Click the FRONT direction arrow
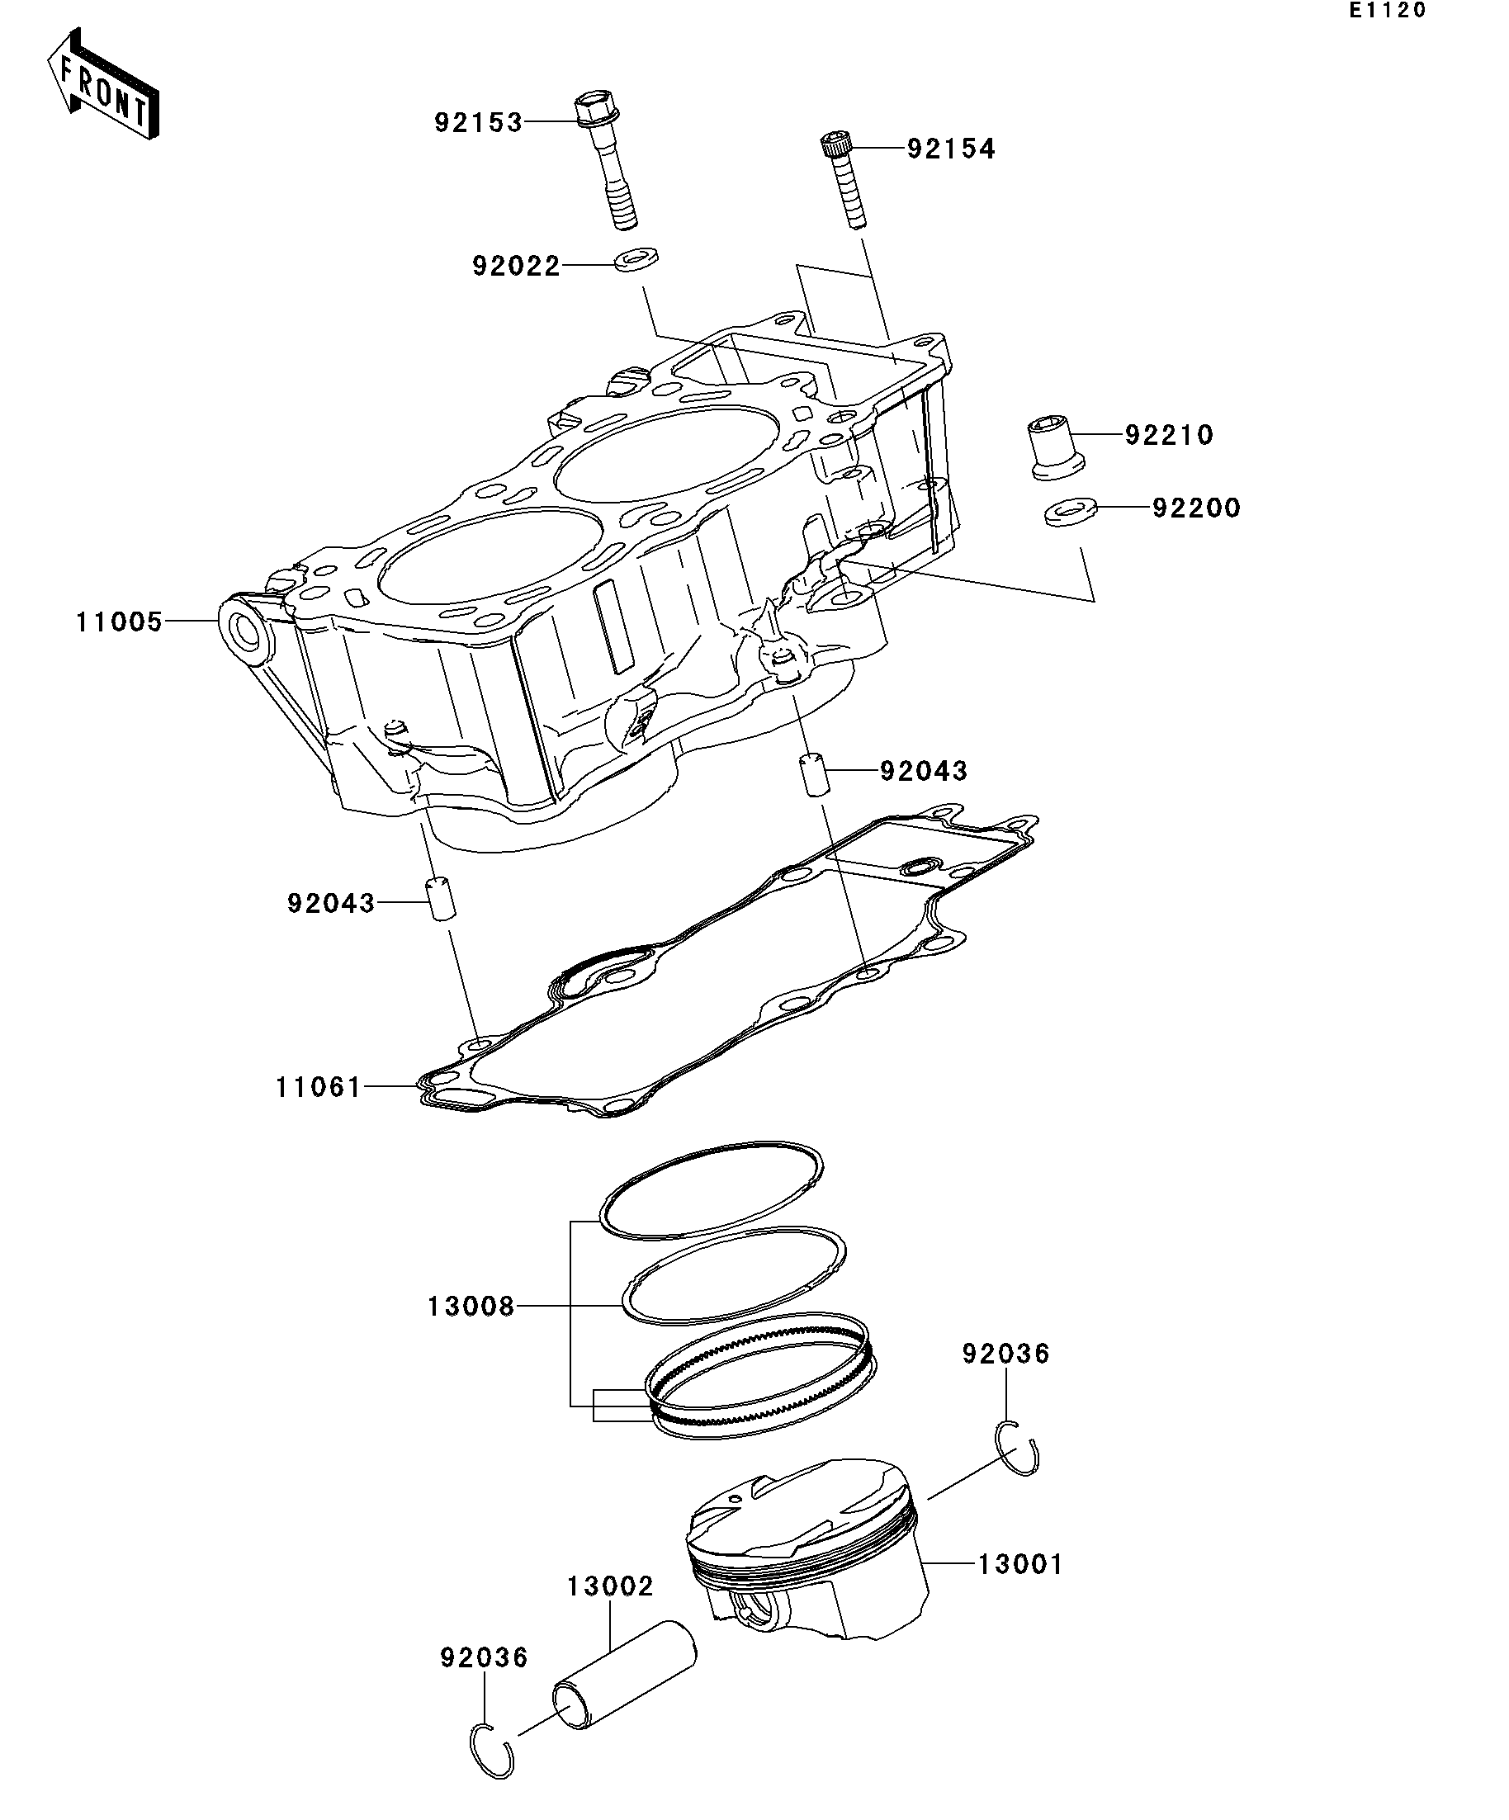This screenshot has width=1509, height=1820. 102,85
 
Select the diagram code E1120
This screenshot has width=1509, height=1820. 1386,12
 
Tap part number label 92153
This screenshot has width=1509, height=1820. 479,123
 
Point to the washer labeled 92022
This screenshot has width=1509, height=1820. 636,258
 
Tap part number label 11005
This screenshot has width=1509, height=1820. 120,622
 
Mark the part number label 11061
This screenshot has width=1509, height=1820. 318,1088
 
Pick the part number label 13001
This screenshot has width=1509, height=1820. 1019,1564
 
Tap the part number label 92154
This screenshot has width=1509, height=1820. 951,149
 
